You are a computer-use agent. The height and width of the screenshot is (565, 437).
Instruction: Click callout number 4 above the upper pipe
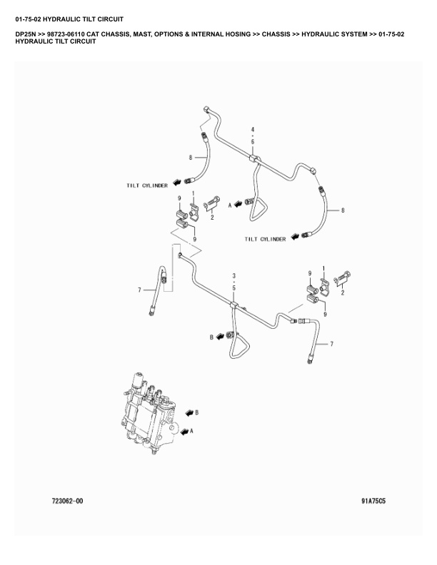click(252, 129)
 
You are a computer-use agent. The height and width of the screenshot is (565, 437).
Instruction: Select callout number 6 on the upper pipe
click(252, 141)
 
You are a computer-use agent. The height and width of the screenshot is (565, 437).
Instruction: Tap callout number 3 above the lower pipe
click(233, 275)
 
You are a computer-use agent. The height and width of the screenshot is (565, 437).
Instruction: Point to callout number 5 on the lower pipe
click(233, 287)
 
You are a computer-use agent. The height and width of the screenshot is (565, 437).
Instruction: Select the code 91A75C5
click(373, 501)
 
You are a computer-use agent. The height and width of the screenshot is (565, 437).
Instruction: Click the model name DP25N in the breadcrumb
click(27, 34)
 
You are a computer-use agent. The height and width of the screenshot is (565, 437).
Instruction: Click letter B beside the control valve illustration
click(196, 412)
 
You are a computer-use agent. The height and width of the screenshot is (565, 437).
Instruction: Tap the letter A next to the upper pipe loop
click(230, 204)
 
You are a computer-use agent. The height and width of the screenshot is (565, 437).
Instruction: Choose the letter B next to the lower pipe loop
click(211, 335)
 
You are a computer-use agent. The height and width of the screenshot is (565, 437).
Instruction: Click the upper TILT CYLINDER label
click(147, 185)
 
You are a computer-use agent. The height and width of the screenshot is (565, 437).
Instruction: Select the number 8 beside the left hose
click(191, 157)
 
